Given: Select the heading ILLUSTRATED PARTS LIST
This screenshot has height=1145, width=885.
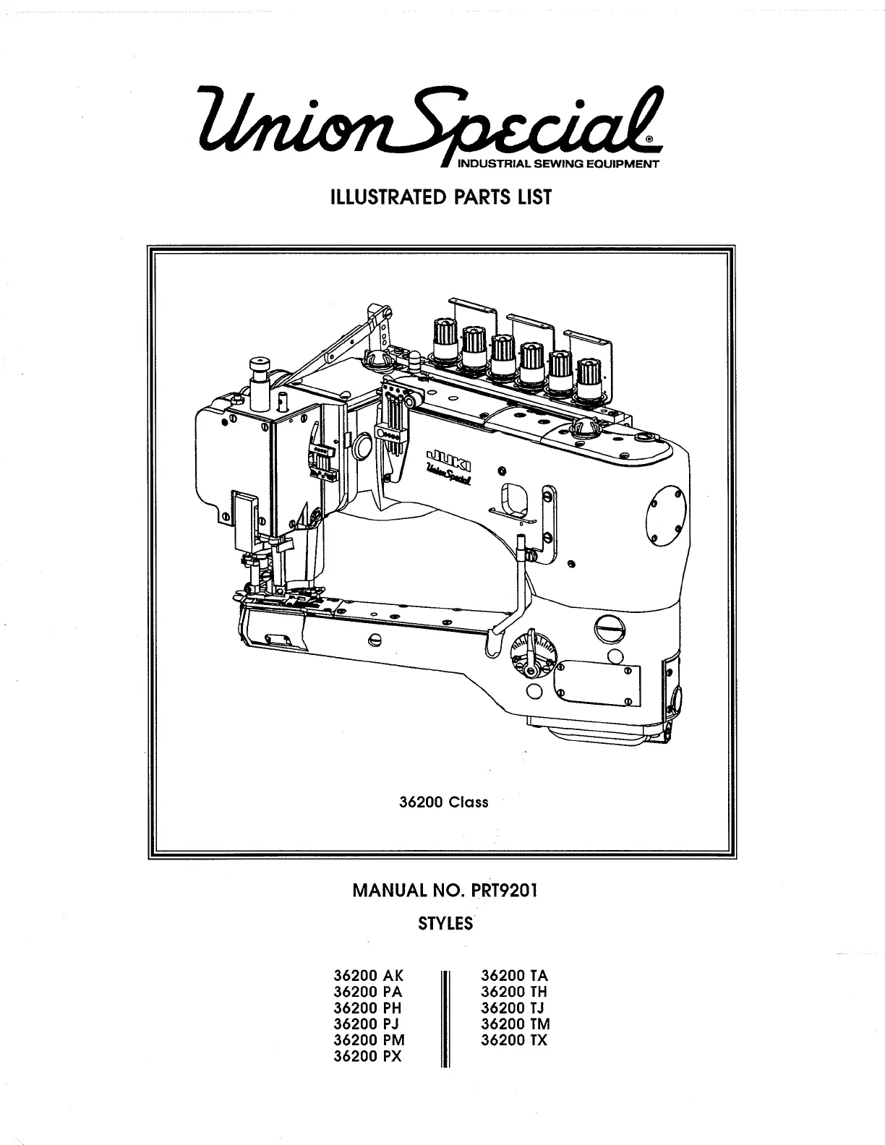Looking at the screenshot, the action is pos(441,197).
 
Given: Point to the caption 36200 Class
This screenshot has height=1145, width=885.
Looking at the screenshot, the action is pos(443,802).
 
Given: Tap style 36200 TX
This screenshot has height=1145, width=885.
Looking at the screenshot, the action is pos(514,1040).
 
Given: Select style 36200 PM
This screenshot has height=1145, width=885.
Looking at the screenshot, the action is pos(369,1040).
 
